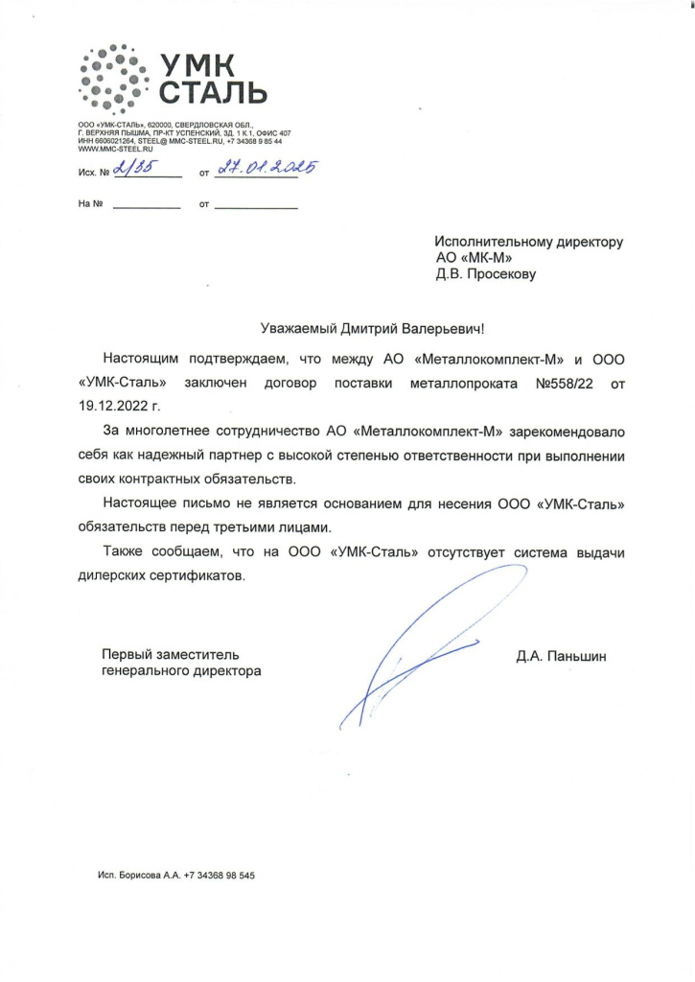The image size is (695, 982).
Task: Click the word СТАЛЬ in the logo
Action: pyautogui.click(x=214, y=94)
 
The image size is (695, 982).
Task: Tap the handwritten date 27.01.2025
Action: pyautogui.click(x=266, y=168)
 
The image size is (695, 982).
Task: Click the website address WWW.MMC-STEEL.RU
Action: pyautogui.click(x=114, y=150)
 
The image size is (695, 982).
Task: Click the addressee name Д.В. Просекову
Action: pyautogui.click(x=485, y=275)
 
